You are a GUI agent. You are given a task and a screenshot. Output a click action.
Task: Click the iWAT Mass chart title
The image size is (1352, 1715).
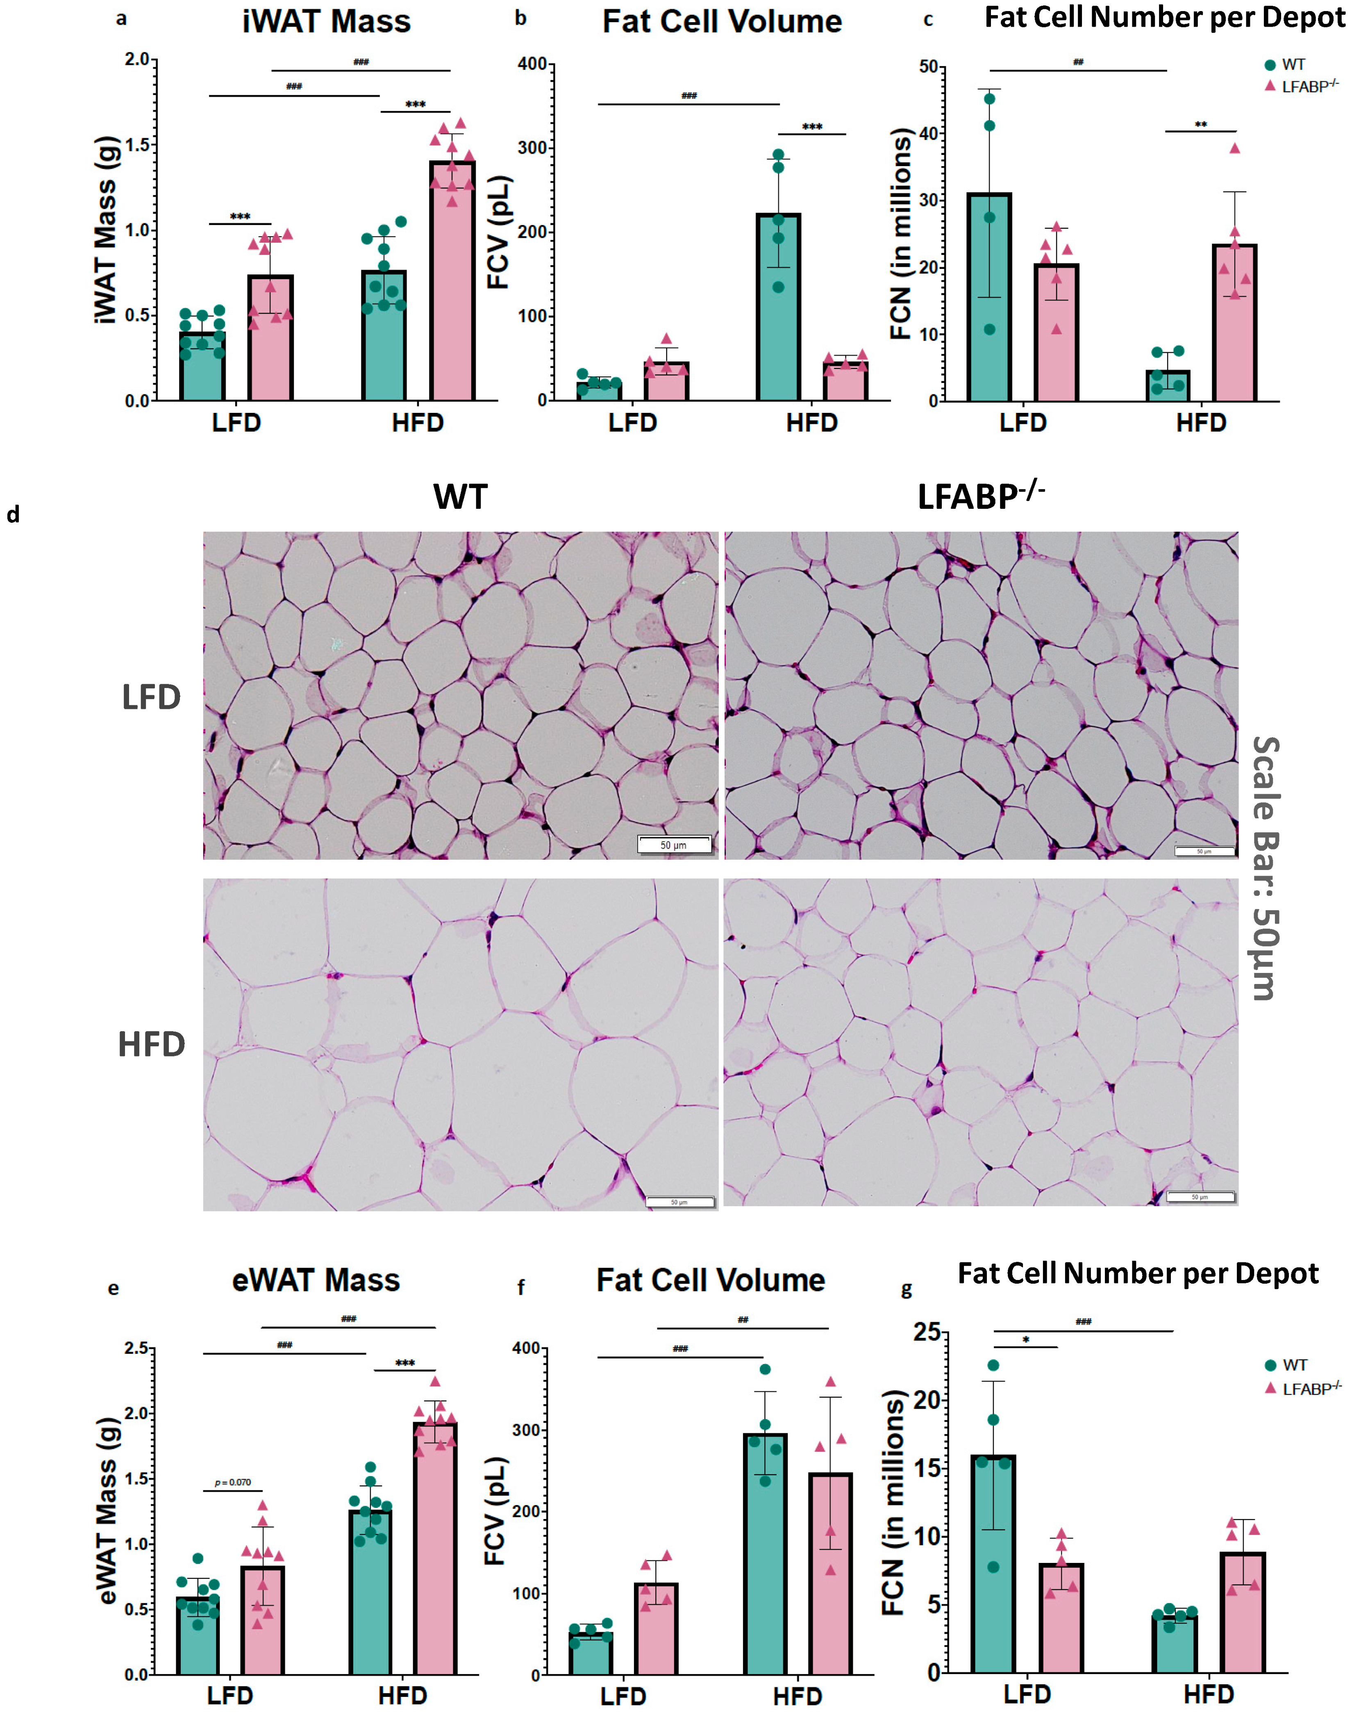click(326, 21)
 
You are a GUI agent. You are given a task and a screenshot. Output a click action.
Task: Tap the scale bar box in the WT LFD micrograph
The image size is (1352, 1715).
click(674, 845)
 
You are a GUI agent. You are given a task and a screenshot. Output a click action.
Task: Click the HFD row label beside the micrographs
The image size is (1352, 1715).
click(151, 1044)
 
